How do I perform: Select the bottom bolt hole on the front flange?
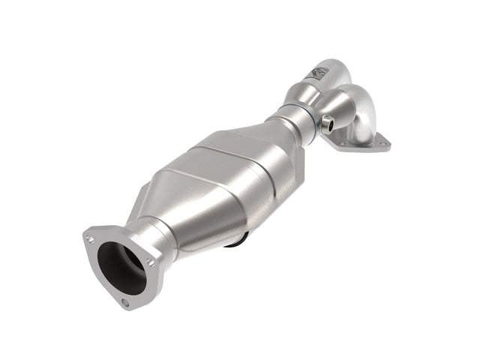pyautogui.click(x=126, y=303)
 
